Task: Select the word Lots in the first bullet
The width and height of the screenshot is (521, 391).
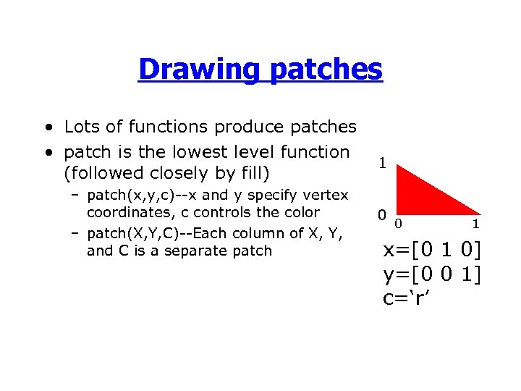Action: click(x=81, y=127)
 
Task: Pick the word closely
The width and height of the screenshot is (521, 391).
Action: click(x=185, y=174)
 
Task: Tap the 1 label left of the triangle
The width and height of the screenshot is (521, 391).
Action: click(x=382, y=164)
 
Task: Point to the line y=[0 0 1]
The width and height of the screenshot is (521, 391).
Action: click(x=432, y=275)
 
